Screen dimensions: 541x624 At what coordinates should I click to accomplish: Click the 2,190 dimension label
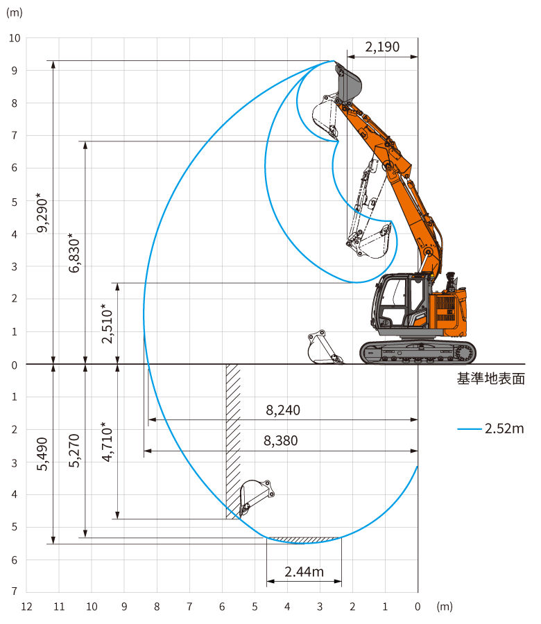pyautogui.click(x=382, y=47)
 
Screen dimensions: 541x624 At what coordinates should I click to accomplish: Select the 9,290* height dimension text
pyautogui.click(x=42, y=213)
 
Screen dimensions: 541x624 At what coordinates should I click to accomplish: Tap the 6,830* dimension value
pyautogui.click(x=74, y=253)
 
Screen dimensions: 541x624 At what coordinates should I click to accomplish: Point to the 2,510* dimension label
pyautogui.click(x=107, y=324)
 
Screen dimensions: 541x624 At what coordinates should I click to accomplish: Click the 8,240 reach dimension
pyautogui.click(x=283, y=410)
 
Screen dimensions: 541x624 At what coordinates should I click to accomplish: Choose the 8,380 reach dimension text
pyautogui.click(x=281, y=441)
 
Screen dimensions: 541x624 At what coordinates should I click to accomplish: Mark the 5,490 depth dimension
pyautogui.click(x=42, y=454)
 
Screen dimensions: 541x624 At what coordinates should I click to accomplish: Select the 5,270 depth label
pyautogui.click(x=74, y=451)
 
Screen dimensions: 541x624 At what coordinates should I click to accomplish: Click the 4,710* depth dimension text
pyautogui.click(x=107, y=442)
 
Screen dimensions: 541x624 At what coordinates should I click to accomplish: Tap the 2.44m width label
pyautogui.click(x=304, y=572)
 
